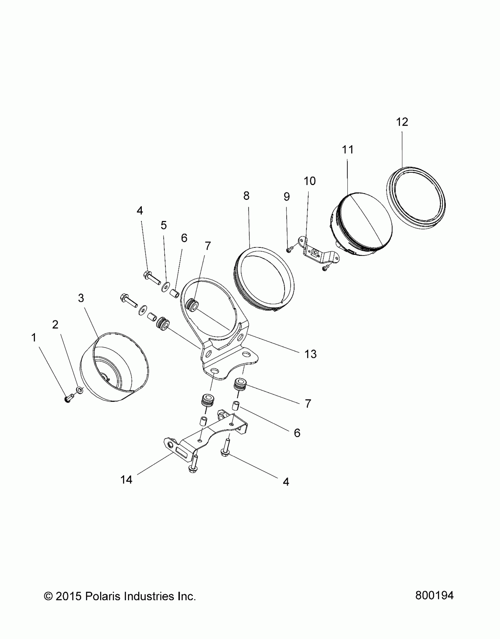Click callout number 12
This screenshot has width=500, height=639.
[402, 122]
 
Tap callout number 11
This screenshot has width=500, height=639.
[348, 150]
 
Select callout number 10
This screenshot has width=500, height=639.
[309, 181]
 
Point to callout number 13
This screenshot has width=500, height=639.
[311, 354]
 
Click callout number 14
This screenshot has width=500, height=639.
[126, 480]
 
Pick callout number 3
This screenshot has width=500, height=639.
[81, 298]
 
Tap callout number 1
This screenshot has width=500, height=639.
[34, 338]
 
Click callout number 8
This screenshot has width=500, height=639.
[246, 196]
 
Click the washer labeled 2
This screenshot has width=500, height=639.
[79, 390]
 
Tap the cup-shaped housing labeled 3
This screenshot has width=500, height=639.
[115, 367]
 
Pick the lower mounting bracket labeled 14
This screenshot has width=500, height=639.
[206, 441]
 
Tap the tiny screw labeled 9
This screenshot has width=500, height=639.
[288, 250]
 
